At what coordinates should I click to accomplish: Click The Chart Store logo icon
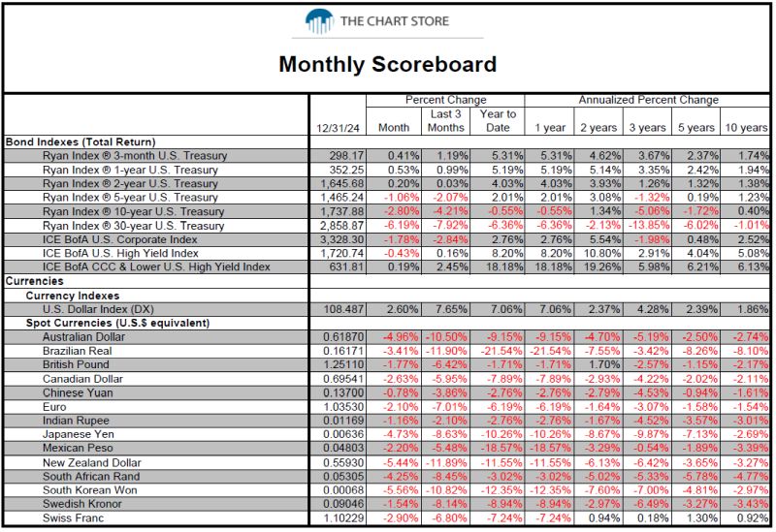[x=319, y=21]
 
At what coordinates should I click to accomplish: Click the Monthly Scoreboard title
[x=387, y=64]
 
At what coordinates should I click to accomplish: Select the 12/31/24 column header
[x=338, y=128]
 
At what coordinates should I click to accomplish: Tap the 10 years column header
[x=746, y=128]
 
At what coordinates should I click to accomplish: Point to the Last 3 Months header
[x=446, y=120]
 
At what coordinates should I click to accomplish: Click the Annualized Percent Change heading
[x=648, y=100]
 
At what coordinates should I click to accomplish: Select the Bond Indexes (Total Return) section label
[x=81, y=141]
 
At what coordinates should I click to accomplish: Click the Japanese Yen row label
[x=79, y=434]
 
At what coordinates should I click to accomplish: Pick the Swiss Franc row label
[x=74, y=518]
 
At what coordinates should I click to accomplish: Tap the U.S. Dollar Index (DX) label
[x=98, y=309]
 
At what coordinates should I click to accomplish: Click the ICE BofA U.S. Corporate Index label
[x=119, y=239]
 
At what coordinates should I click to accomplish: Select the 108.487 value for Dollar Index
[x=343, y=309]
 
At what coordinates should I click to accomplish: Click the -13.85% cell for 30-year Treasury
[x=648, y=226]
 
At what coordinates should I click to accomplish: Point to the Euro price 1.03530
[x=343, y=407]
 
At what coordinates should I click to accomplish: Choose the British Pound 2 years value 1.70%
[x=604, y=365]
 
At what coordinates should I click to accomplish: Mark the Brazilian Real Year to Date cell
[x=501, y=351]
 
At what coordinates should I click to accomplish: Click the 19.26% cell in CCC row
[x=600, y=267]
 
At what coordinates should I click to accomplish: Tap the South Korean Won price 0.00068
[x=343, y=490]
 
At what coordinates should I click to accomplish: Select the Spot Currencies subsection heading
[x=117, y=324]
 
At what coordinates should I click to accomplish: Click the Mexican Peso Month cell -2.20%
[x=401, y=448]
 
